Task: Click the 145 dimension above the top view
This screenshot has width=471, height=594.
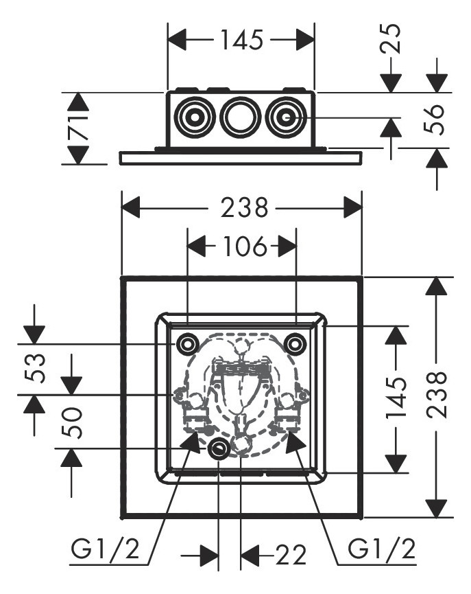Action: pos(241,41)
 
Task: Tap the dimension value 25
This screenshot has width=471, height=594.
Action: pos(391,40)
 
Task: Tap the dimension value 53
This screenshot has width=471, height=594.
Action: pos(36,368)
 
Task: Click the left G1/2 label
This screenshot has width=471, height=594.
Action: pos(106,549)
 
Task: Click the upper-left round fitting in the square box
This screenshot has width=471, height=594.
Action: pos(187,343)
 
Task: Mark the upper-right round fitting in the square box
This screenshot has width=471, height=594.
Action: pos(295,343)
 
